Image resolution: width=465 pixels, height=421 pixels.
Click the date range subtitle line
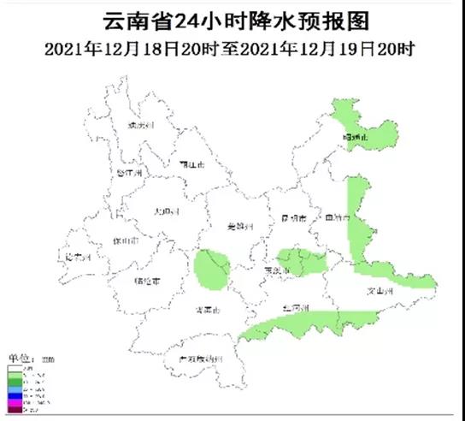click(232, 48)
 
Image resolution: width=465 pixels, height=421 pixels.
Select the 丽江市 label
click(192, 163)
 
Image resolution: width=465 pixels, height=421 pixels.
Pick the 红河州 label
click(294, 305)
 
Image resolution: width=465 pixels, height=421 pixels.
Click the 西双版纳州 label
click(195, 358)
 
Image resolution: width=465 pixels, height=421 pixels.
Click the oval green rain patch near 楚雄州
click(213, 269)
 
